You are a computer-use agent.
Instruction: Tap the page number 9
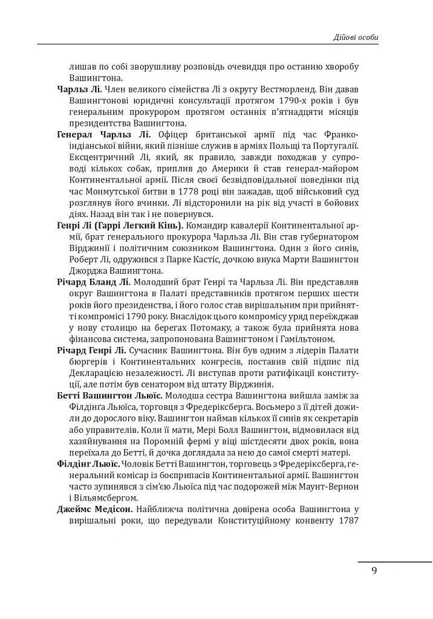coord(374,570)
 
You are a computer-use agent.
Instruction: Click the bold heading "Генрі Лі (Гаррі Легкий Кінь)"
coord(119,225)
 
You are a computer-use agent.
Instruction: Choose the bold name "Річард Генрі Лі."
coord(91,351)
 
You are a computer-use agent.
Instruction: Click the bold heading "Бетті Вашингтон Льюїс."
coord(109,396)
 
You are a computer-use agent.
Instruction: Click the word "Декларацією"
coord(100,373)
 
